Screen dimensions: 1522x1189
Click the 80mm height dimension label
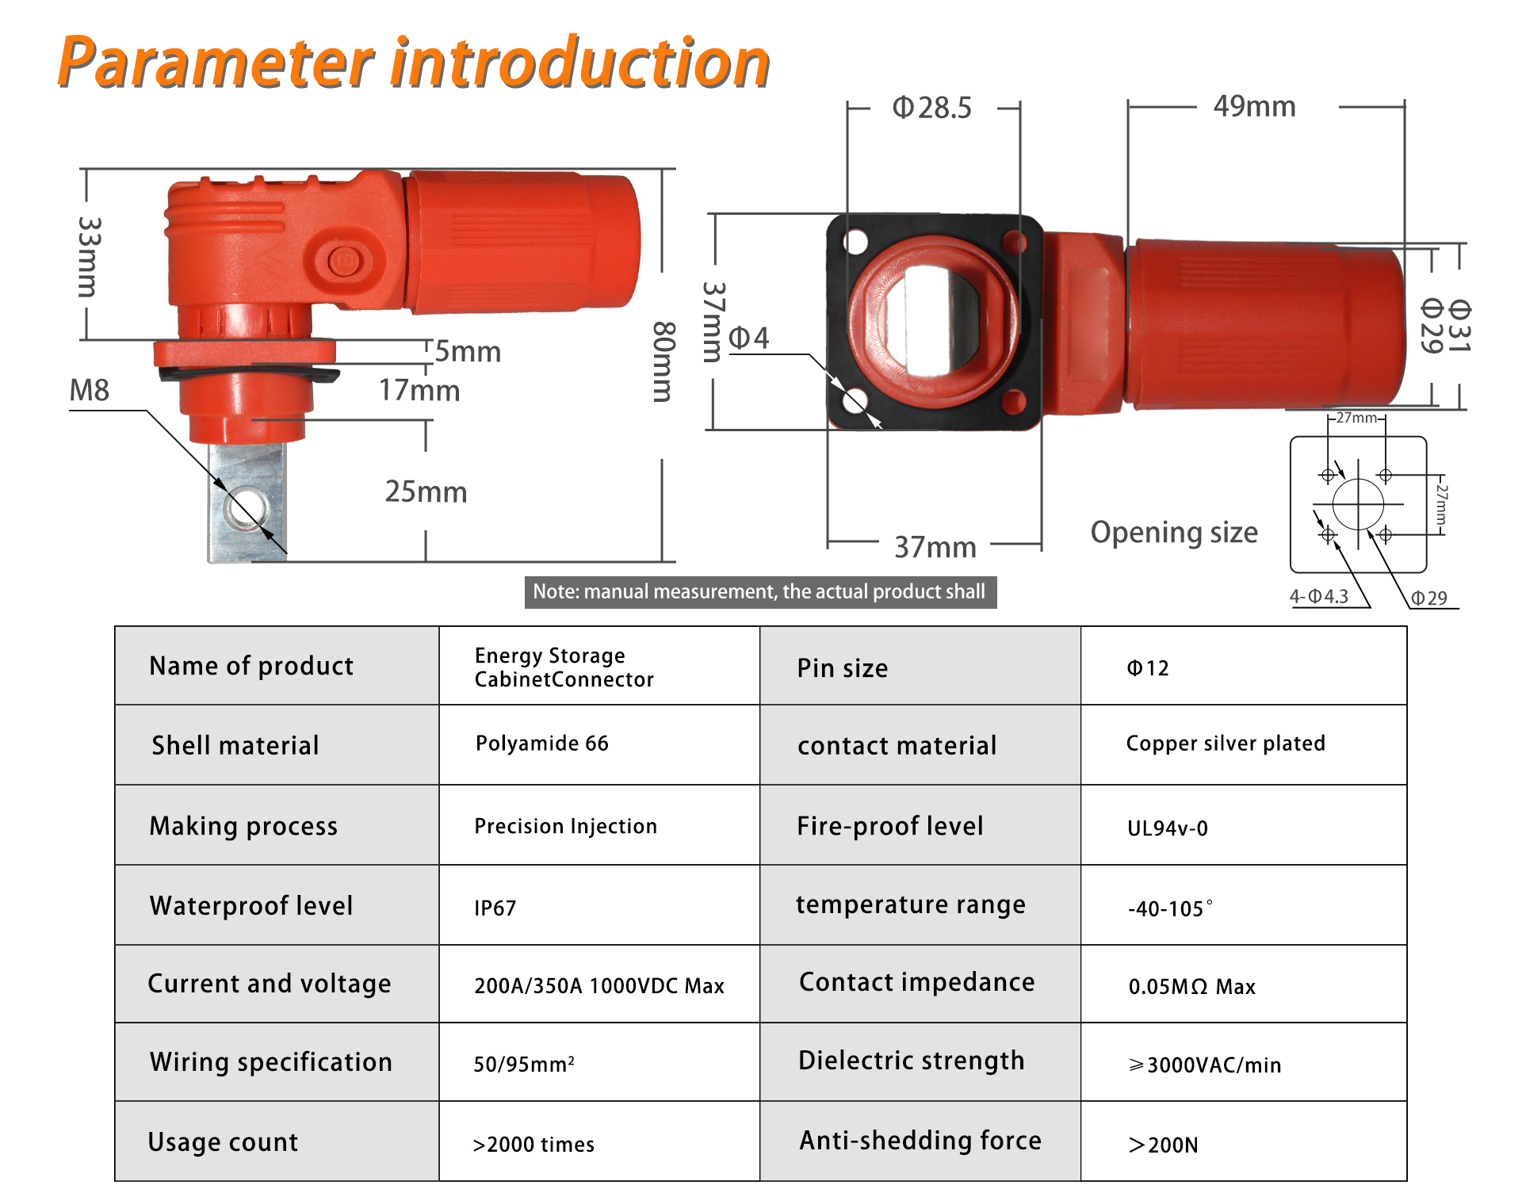[x=663, y=361]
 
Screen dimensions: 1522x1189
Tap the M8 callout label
[x=90, y=390]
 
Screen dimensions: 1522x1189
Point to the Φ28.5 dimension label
[x=932, y=108]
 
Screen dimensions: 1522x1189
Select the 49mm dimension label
[x=1255, y=106]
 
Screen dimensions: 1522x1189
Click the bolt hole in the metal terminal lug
[x=246, y=507]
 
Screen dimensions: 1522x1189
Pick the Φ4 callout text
[x=748, y=338]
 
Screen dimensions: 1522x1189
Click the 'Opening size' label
[x=1174, y=532]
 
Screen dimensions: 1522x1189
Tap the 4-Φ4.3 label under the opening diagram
[x=1319, y=596]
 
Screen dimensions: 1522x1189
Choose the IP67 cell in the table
[x=495, y=908]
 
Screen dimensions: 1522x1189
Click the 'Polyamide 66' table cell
[x=542, y=744]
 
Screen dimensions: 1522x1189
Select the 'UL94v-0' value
[x=1168, y=828]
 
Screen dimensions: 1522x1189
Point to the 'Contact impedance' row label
[x=917, y=982]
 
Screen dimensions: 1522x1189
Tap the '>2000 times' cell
[x=533, y=1145]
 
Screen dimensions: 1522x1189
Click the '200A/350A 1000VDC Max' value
[x=599, y=986]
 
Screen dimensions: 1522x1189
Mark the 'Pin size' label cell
[x=843, y=668]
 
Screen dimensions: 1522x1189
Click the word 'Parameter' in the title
[x=216, y=62]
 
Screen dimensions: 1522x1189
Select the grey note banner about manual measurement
[x=760, y=592]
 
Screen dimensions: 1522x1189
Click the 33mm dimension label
[x=90, y=257]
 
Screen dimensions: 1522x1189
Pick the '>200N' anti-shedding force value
[x=1163, y=1145]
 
